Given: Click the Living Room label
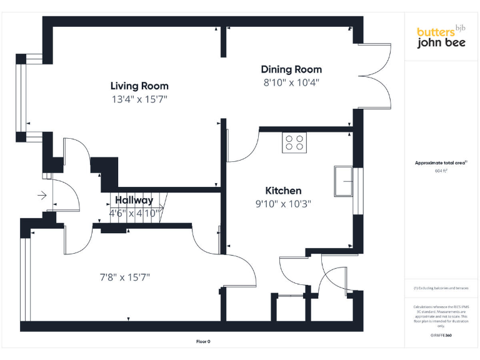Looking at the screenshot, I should (x=139, y=86).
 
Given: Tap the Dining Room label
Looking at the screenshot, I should (x=291, y=69).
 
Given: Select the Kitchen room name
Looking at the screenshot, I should (x=283, y=191).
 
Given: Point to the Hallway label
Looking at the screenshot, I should (x=134, y=201).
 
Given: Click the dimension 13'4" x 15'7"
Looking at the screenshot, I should (x=139, y=99).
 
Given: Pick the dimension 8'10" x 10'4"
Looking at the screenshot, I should (x=292, y=82).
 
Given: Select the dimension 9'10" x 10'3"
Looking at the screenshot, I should (x=283, y=203).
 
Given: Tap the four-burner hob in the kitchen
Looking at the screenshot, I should (x=295, y=143).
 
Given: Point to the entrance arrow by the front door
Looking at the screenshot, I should (x=42, y=196).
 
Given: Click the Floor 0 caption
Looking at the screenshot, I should (x=203, y=341).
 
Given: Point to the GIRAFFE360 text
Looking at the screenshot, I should (x=441, y=336).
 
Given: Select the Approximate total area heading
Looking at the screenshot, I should (x=441, y=162).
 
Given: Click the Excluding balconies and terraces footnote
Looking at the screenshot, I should (x=441, y=288).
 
